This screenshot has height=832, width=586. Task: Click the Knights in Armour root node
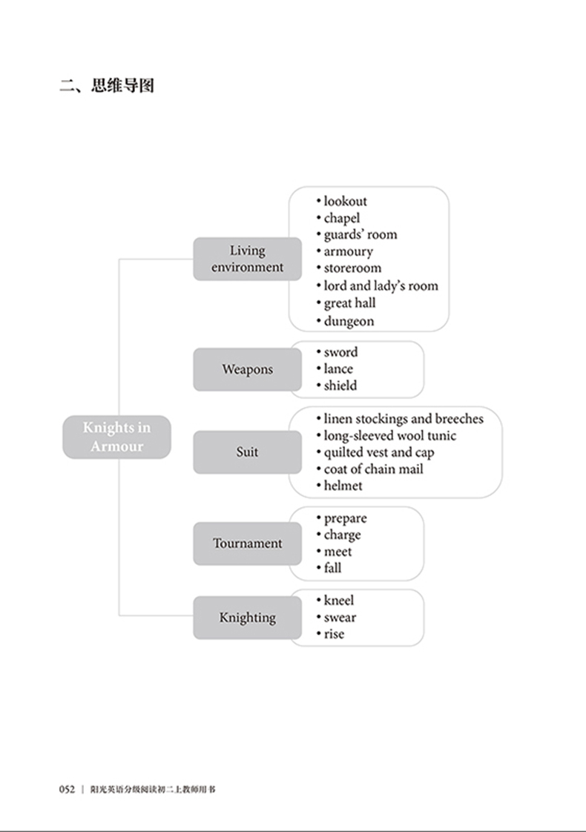click(x=116, y=437)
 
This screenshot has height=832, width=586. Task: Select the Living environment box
click(x=247, y=259)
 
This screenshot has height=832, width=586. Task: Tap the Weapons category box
click(x=247, y=369)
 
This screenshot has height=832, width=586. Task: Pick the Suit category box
click(x=247, y=452)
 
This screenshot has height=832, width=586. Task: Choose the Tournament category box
click(x=247, y=544)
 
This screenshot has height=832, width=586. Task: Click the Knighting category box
click(x=247, y=618)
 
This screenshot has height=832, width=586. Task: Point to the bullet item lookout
click(x=345, y=201)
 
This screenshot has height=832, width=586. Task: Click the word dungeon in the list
click(x=349, y=321)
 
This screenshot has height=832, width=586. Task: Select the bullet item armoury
click(x=348, y=251)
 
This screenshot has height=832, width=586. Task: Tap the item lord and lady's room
click(x=381, y=285)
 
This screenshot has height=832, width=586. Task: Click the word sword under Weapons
click(x=340, y=352)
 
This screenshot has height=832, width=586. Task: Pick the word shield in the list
click(x=340, y=386)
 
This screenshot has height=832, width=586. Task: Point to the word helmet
click(x=343, y=486)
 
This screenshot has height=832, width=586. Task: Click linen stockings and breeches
click(x=403, y=419)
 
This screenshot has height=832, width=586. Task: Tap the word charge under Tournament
click(x=342, y=535)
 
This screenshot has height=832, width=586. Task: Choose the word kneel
click(x=339, y=601)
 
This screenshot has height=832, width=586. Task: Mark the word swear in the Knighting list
click(x=340, y=617)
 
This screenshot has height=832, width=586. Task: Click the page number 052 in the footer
click(x=68, y=789)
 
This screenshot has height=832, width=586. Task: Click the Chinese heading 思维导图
click(x=122, y=86)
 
